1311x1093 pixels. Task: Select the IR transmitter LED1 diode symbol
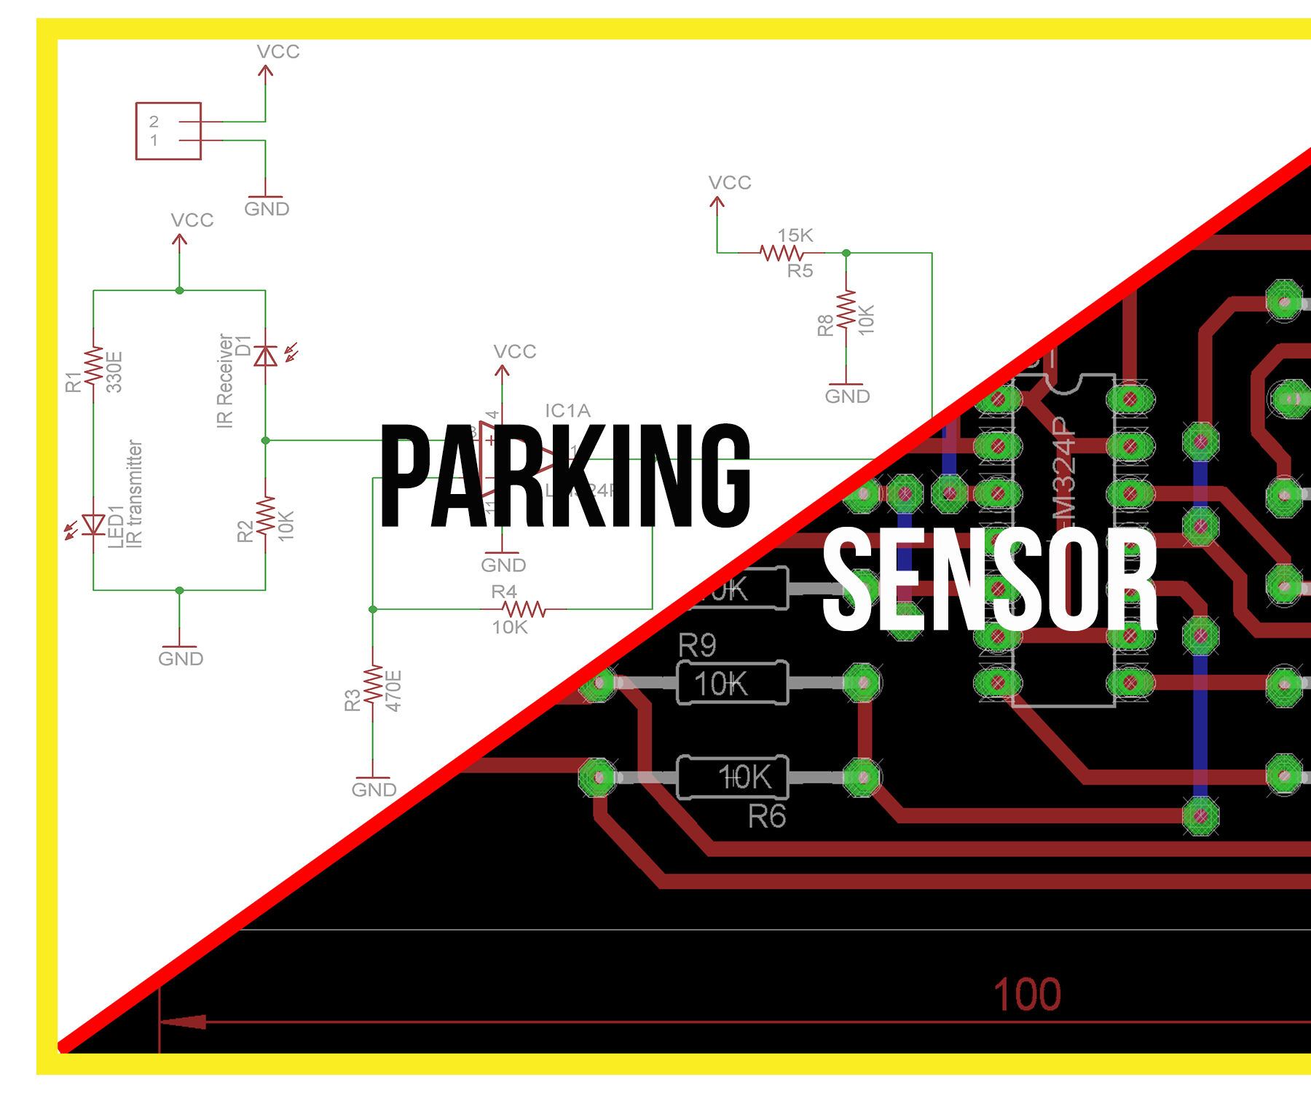point(93,524)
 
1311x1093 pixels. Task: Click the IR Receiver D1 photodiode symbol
point(265,356)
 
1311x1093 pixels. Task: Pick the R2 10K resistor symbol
point(265,514)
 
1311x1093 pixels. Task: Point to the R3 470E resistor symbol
point(373,684)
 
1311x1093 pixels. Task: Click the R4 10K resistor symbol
point(524,608)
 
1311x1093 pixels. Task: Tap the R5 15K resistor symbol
point(781,253)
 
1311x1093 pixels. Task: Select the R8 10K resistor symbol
point(846,310)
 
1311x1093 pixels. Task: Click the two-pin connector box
point(168,131)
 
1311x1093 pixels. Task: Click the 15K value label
point(795,235)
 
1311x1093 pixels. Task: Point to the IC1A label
point(567,411)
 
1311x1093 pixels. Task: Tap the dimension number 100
point(1027,995)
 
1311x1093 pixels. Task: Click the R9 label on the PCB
point(697,646)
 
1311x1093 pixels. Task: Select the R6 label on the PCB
point(767,817)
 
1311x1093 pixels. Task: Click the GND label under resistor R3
point(374,790)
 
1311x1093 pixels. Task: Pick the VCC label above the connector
point(278,52)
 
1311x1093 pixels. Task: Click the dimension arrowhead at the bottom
point(183,1022)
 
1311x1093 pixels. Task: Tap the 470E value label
point(393,690)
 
